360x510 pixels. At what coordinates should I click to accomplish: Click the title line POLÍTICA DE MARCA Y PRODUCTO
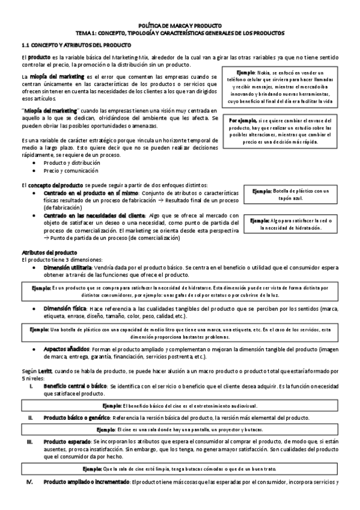(180, 26)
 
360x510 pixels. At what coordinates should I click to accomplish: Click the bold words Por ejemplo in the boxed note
(243, 120)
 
